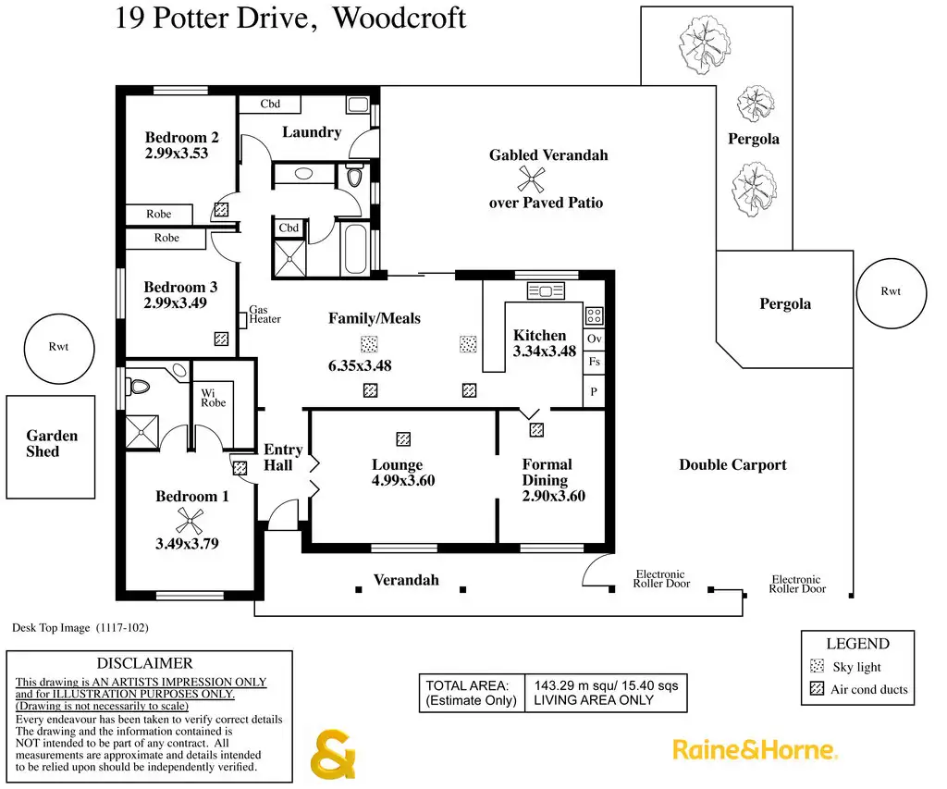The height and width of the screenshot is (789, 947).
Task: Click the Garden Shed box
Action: click(x=51, y=446)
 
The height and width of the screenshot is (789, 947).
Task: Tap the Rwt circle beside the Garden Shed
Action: click(x=58, y=349)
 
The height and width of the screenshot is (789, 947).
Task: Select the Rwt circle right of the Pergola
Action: click(x=890, y=291)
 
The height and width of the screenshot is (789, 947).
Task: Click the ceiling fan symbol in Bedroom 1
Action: click(x=190, y=521)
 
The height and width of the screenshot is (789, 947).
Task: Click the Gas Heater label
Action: click(x=264, y=314)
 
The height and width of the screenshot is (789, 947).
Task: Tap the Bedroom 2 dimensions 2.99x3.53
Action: click(x=177, y=154)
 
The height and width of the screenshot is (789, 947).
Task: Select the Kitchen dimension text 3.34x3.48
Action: click(x=545, y=351)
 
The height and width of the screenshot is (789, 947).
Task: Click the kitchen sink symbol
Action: click(x=546, y=291)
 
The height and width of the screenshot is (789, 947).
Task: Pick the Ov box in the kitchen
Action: click(x=595, y=339)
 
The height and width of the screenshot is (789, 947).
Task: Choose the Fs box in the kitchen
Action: click(x=595, y=362)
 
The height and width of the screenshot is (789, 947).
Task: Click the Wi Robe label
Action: click(x=214, y=398)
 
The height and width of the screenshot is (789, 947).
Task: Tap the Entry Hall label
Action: click(x=284, y=457)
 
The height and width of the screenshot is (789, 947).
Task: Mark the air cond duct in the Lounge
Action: click(x=403, y=439)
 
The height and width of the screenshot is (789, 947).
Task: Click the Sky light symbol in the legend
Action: click(x=817, y=666)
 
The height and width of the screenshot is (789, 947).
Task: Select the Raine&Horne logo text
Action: click(x=754, y=749)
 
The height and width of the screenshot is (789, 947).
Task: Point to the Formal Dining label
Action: click(x=547, y=473)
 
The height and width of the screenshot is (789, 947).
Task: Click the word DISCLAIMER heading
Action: click(x=145, y=663)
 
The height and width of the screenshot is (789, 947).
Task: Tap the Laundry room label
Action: click(x=312, y=132)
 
